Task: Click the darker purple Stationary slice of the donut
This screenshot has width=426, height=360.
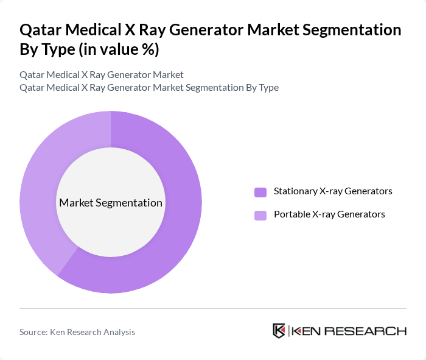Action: (176, 231)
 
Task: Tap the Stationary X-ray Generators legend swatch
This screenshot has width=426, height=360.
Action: (260, 192)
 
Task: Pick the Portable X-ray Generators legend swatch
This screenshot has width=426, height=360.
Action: (260, 215)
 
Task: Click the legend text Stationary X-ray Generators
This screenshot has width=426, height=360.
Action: (333, 191)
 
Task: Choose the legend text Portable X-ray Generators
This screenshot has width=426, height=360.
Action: (329, 214)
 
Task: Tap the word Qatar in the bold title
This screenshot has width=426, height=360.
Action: (41, 30)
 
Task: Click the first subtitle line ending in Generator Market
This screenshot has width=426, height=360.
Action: (102, 75)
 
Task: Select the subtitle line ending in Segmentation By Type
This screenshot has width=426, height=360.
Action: (149, 87)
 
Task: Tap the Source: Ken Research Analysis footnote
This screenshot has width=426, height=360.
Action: (77, 332)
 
